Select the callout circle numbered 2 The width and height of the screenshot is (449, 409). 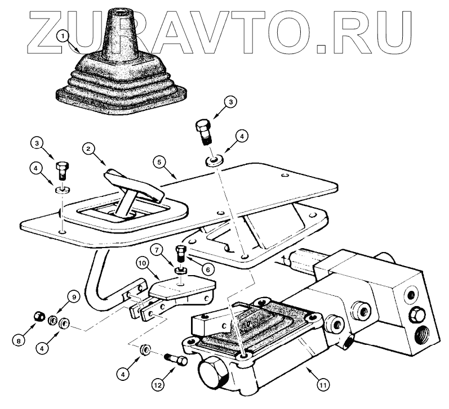tap(87, 149)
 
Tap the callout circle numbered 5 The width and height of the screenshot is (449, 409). tap(159, 161)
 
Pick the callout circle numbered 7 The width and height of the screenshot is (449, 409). tap(159, 248)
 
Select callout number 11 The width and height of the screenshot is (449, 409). tap(322, 385)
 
